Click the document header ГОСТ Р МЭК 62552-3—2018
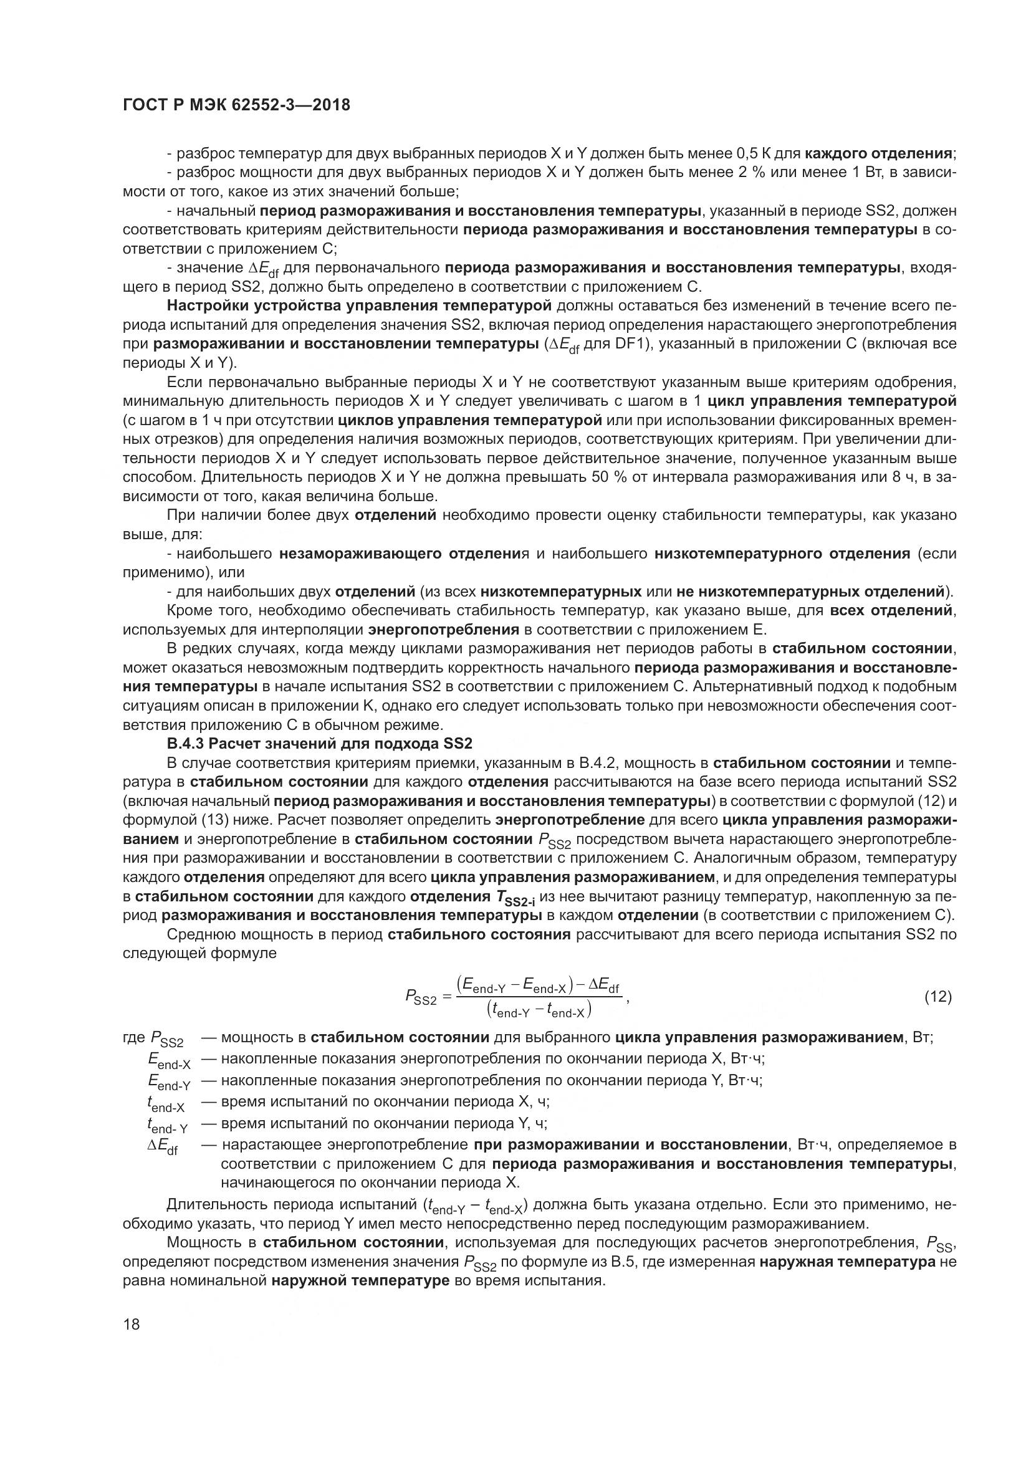click(236, 105)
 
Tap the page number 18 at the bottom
click(132, 1325)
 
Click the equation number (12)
click(937, 997)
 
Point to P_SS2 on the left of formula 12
click(421, 998)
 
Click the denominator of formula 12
click(539, 1010)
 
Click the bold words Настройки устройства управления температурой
click(358, 305)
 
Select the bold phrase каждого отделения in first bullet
click(878, 153)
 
